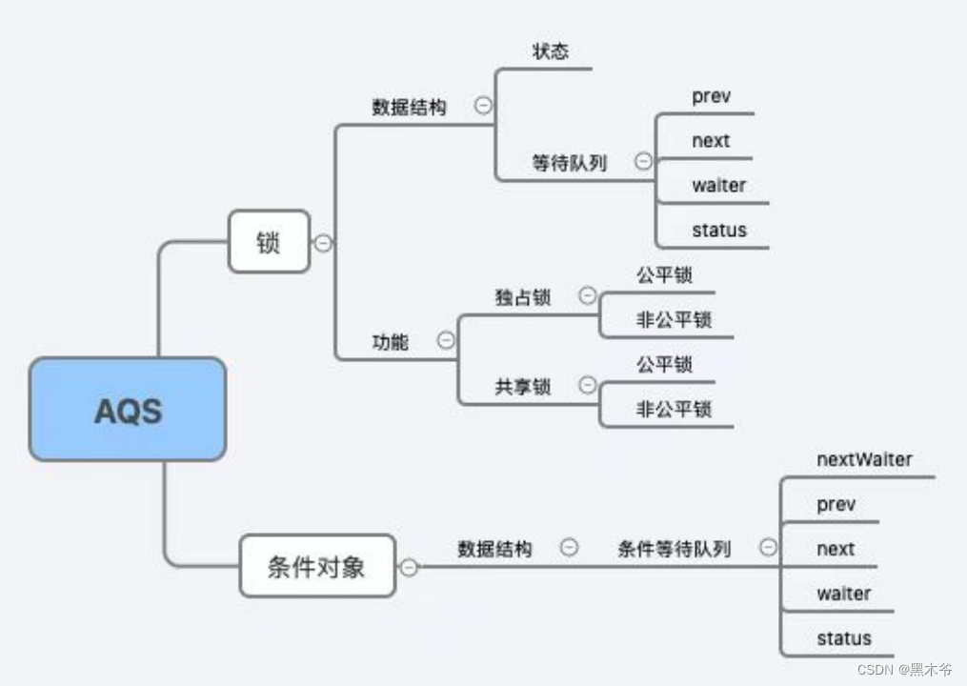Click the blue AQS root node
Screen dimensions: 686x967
click(128, 410)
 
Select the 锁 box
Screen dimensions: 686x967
click(269, 242)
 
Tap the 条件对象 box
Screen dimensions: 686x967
click(316, 566)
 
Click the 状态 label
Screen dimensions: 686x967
click(550, 51)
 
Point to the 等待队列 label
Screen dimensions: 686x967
click(569, 163)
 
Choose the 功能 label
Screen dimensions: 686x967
click(390, 341)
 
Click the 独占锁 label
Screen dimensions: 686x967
click(522, 297)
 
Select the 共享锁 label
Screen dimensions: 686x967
click(522, 386)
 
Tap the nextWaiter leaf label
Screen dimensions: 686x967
click(864, 459)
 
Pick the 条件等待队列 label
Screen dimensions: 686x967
click(674, 549)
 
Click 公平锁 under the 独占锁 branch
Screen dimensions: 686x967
click(664, 275)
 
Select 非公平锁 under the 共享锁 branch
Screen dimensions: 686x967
click(674, 409)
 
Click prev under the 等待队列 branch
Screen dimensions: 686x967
click(711, 96)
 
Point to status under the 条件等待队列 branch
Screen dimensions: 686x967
click(843, 638)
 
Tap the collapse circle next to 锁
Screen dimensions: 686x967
click(323, 243)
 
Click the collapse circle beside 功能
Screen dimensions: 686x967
click(445, 340)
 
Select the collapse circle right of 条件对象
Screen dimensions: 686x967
click(409, 567)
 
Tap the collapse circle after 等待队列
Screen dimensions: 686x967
click(644, 162)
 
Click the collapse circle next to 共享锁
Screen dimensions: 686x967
click(588, 385)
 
